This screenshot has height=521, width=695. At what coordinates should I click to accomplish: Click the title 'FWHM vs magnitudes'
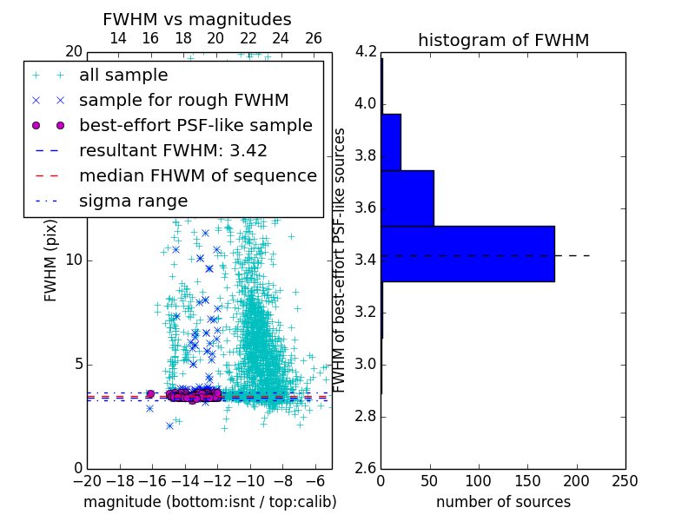(197, 20)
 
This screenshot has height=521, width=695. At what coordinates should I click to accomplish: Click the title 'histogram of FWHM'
(503, 40)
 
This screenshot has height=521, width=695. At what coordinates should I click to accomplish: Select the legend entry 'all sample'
(123, 76)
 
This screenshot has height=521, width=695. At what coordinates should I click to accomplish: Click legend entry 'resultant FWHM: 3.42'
(173, 151)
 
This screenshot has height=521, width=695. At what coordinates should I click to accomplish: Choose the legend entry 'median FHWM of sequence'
(197, 176)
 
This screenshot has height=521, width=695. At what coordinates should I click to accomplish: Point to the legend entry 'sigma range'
(133, 201)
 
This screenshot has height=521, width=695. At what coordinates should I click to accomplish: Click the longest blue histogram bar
(467, 254)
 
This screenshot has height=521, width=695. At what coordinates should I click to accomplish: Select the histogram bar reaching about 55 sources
(407, 198)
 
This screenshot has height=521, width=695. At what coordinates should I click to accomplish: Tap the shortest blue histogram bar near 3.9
(391, 142)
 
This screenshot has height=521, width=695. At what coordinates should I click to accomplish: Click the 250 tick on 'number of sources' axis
(625, 481)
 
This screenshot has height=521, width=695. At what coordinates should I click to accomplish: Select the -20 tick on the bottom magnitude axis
(87, 481)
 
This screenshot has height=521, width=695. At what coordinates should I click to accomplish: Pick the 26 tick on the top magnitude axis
(314, 39)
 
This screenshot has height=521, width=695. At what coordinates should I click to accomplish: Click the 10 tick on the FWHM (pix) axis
(75, 260)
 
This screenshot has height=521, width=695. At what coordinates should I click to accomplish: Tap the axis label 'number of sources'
(503, 502)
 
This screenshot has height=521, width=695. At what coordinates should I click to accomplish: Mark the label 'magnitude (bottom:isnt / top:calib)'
(209, 502)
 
